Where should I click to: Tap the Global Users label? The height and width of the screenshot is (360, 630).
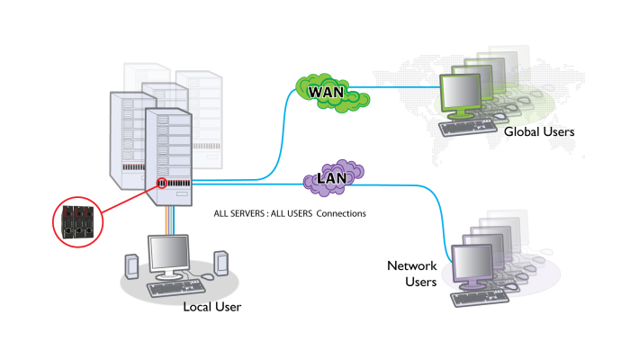[539, 132]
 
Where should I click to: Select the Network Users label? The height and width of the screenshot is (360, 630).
[411, 274]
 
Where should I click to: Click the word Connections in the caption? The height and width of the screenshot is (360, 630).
[341, 214]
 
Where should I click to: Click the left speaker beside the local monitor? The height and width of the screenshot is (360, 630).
[131, 266]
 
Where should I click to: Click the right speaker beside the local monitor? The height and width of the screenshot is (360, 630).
[220, 264]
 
